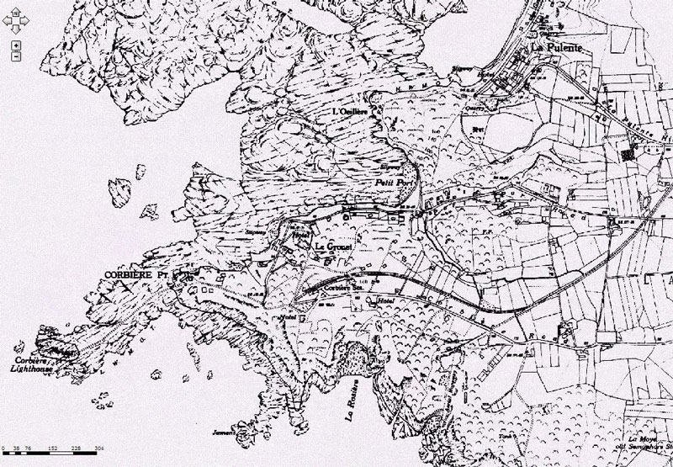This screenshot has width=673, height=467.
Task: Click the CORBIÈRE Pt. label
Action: pos(135,275)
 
